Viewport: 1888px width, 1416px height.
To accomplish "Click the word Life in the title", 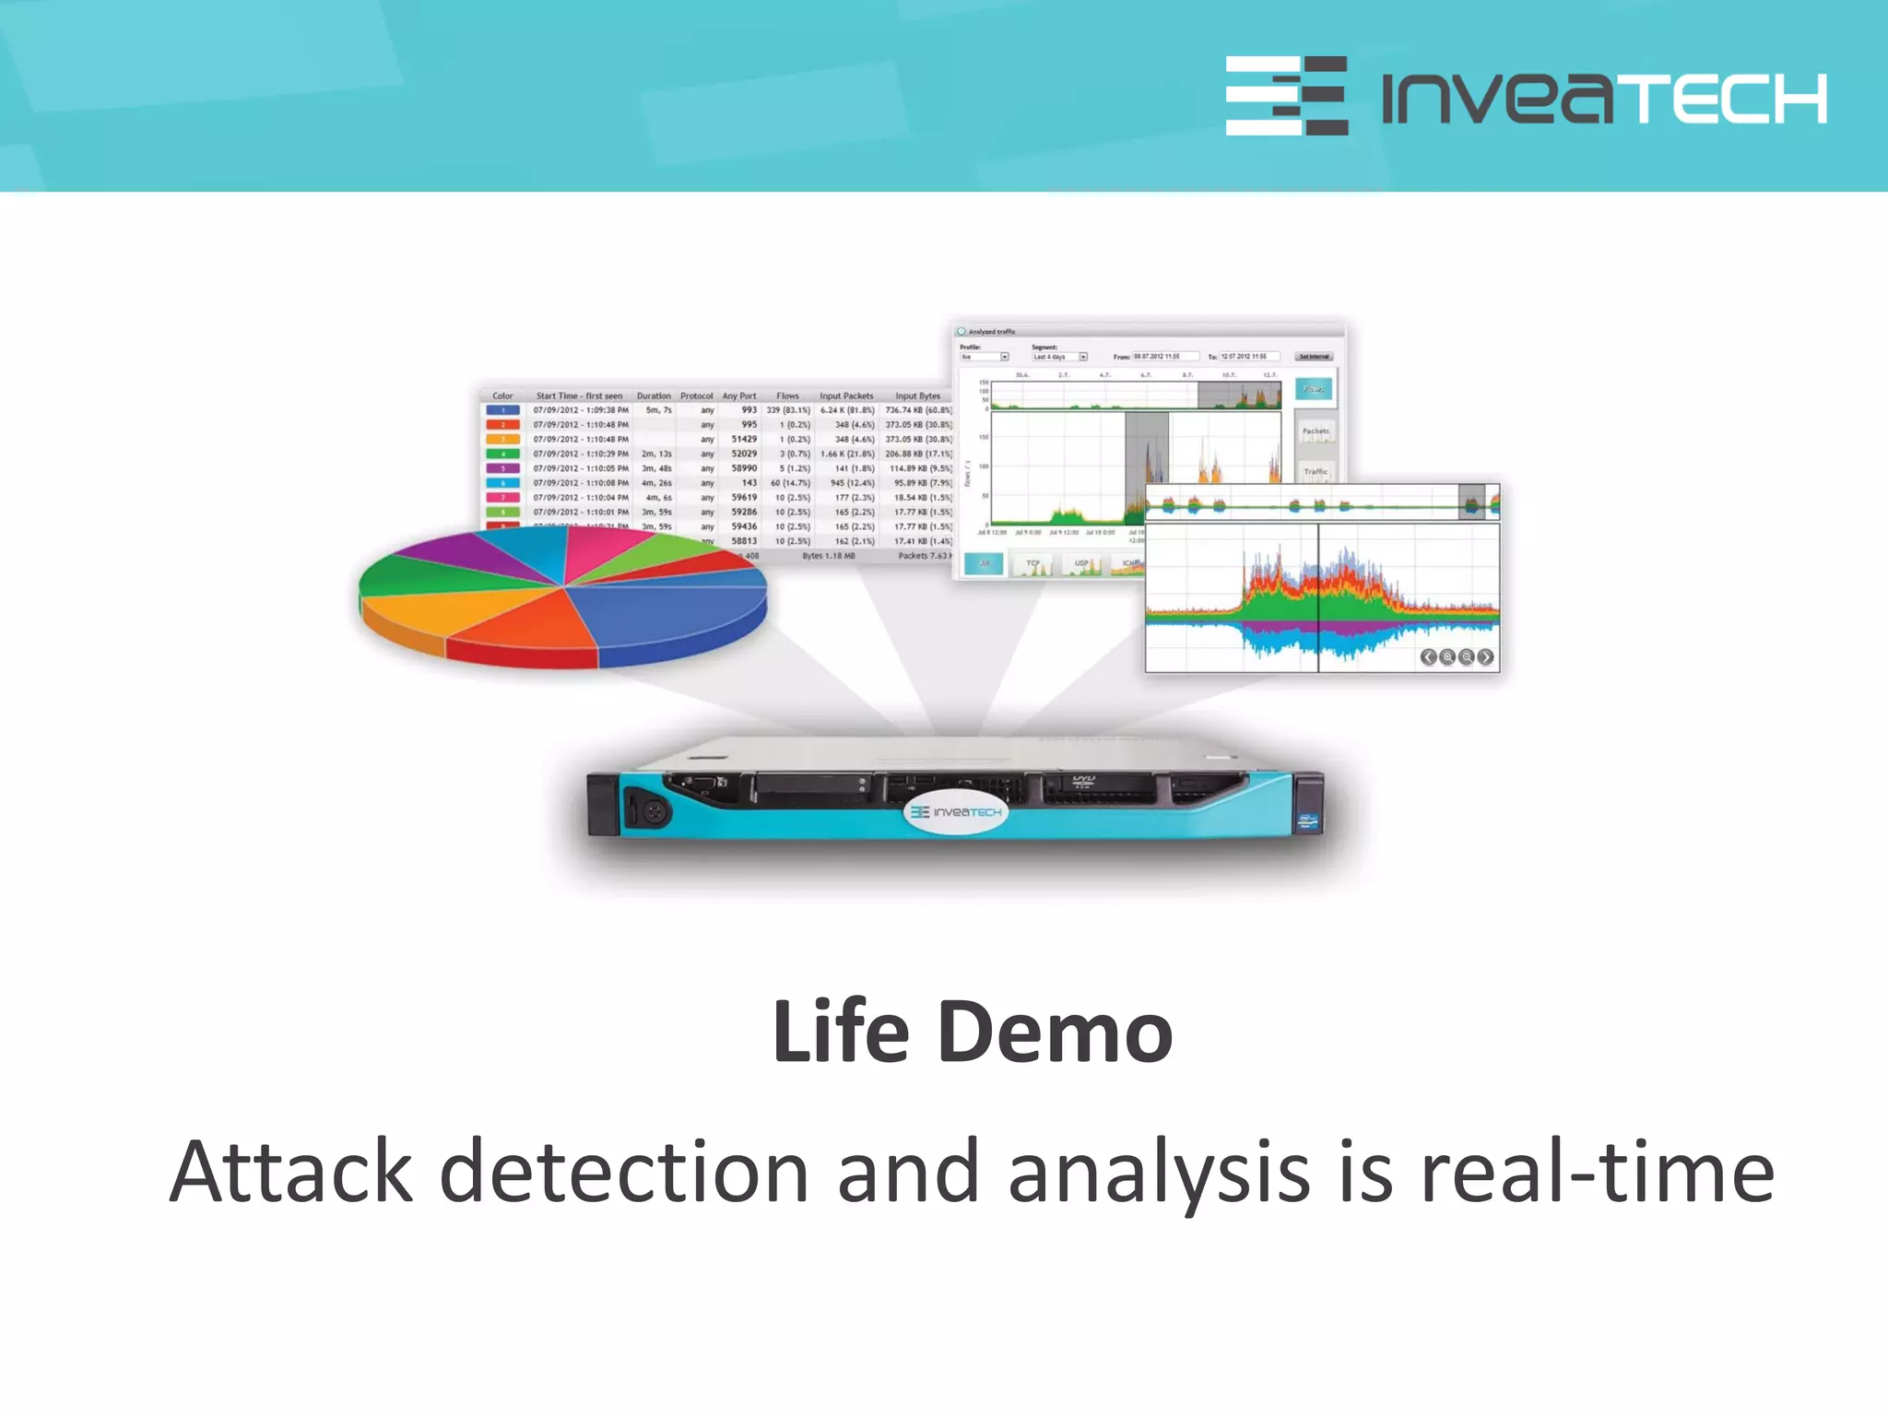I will click(841, 1032).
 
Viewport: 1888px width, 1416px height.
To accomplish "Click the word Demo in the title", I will click(1055, 1032).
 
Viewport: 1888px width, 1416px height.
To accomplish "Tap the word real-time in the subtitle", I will click(1597, 1172).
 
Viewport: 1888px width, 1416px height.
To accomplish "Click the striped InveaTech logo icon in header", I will click(1286, 96).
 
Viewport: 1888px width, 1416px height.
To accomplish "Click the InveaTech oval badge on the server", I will click(956, 811).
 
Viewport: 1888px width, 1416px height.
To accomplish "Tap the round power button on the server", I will click(654, 812).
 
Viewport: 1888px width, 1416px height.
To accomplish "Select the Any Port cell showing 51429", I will click(744, 440).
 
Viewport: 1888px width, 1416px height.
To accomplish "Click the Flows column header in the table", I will click(787, 395).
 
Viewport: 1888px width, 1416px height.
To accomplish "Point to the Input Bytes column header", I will click(917, 395).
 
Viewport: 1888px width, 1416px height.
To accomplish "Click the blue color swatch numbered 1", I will click(502, 410).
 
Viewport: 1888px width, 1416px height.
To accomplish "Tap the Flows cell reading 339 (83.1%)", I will click(788, 410).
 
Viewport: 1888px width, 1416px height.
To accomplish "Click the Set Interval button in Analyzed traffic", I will click(1314, 357).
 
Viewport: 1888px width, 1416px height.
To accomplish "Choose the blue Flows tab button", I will click(1314, 389).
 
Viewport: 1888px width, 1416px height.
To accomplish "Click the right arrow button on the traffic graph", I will click(1485, 656).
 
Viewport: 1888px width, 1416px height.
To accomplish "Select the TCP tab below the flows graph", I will click(1032, 563).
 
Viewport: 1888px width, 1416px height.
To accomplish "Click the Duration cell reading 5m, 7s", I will click(658, 410).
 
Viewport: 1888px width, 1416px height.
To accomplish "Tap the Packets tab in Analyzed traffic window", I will click(1316, 431).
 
